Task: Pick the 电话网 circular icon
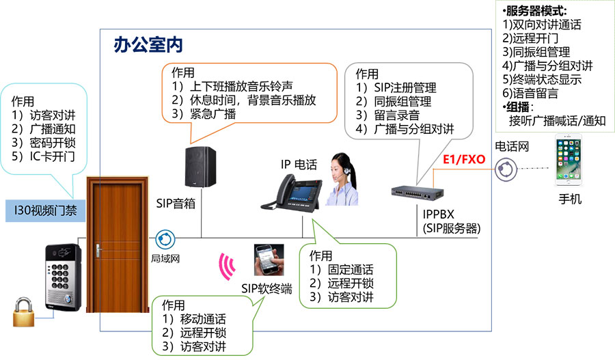(506, 169)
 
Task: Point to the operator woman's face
(339, 167)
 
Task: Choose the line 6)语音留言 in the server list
(530, 94)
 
